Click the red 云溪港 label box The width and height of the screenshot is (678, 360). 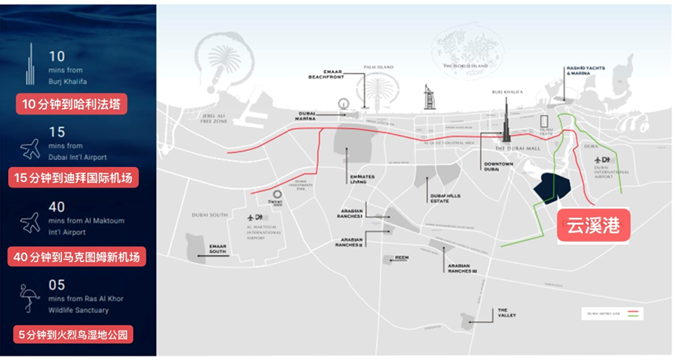[x=593, y=226]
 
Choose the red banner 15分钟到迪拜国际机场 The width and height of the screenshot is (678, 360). [x=75, y=178]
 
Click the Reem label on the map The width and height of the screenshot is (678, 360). [x=402, y=256]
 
